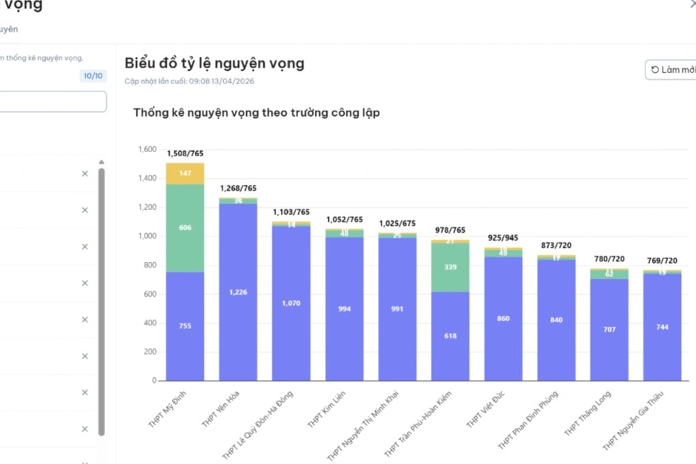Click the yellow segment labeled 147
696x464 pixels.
point(185,173)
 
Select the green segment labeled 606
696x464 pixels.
point(185,228)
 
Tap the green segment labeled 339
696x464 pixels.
point(450,267)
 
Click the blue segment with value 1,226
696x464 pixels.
point(238,292)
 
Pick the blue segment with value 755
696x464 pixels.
point(185,326)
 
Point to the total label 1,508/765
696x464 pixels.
point(185,154)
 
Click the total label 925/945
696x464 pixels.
point(503,238)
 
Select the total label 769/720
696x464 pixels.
point(662,261)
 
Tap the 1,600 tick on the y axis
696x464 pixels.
point(147,149)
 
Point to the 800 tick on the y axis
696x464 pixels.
point(149,265)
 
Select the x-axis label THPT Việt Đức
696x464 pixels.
point(486,410)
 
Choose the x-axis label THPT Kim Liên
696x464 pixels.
point(327,410)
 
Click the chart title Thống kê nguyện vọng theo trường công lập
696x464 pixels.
point(257,113)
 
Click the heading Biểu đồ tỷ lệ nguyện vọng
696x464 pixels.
point(214,63)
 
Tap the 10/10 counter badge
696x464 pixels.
point(93,76)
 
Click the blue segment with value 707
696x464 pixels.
point(609,330)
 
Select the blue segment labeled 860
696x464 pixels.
point(503,319)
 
